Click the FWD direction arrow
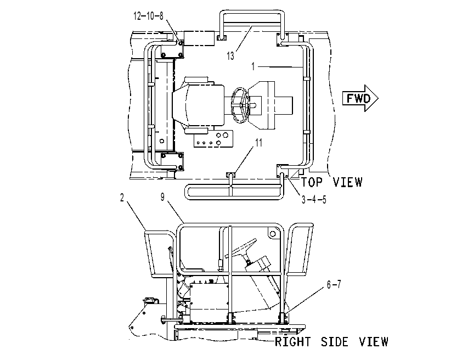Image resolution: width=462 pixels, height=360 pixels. coord(360,98)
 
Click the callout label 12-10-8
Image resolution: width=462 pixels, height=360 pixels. coord(148,15)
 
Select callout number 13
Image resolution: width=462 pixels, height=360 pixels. coord(230,55)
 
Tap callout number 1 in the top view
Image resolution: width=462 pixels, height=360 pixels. coord(253,66)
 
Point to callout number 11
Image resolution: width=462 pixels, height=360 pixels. coord(258,143)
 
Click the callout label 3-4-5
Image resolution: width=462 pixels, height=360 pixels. coord(314,199)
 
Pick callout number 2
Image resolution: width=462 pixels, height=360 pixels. coord(122,198)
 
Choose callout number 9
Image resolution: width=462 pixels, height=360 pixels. coord(162,197)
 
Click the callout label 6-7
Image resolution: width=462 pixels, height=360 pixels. coord(334,284)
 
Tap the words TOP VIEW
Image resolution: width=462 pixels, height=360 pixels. coord(331,182)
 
